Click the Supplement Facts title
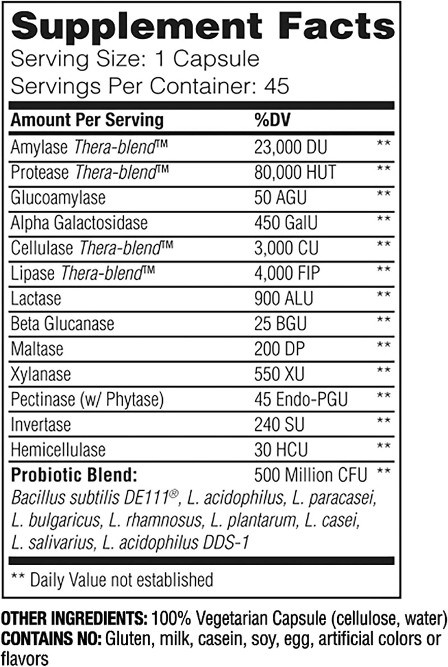203,27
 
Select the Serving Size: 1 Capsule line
135,59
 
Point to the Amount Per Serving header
87,120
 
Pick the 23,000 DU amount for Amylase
291,147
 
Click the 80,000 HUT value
295,172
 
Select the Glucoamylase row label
58,198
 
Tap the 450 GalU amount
286,223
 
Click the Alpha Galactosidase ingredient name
80,223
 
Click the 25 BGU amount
281,323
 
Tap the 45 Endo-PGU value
301,398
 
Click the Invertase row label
41,424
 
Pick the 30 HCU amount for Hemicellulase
281,449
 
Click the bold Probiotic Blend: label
74,475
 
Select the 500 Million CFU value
310,475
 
